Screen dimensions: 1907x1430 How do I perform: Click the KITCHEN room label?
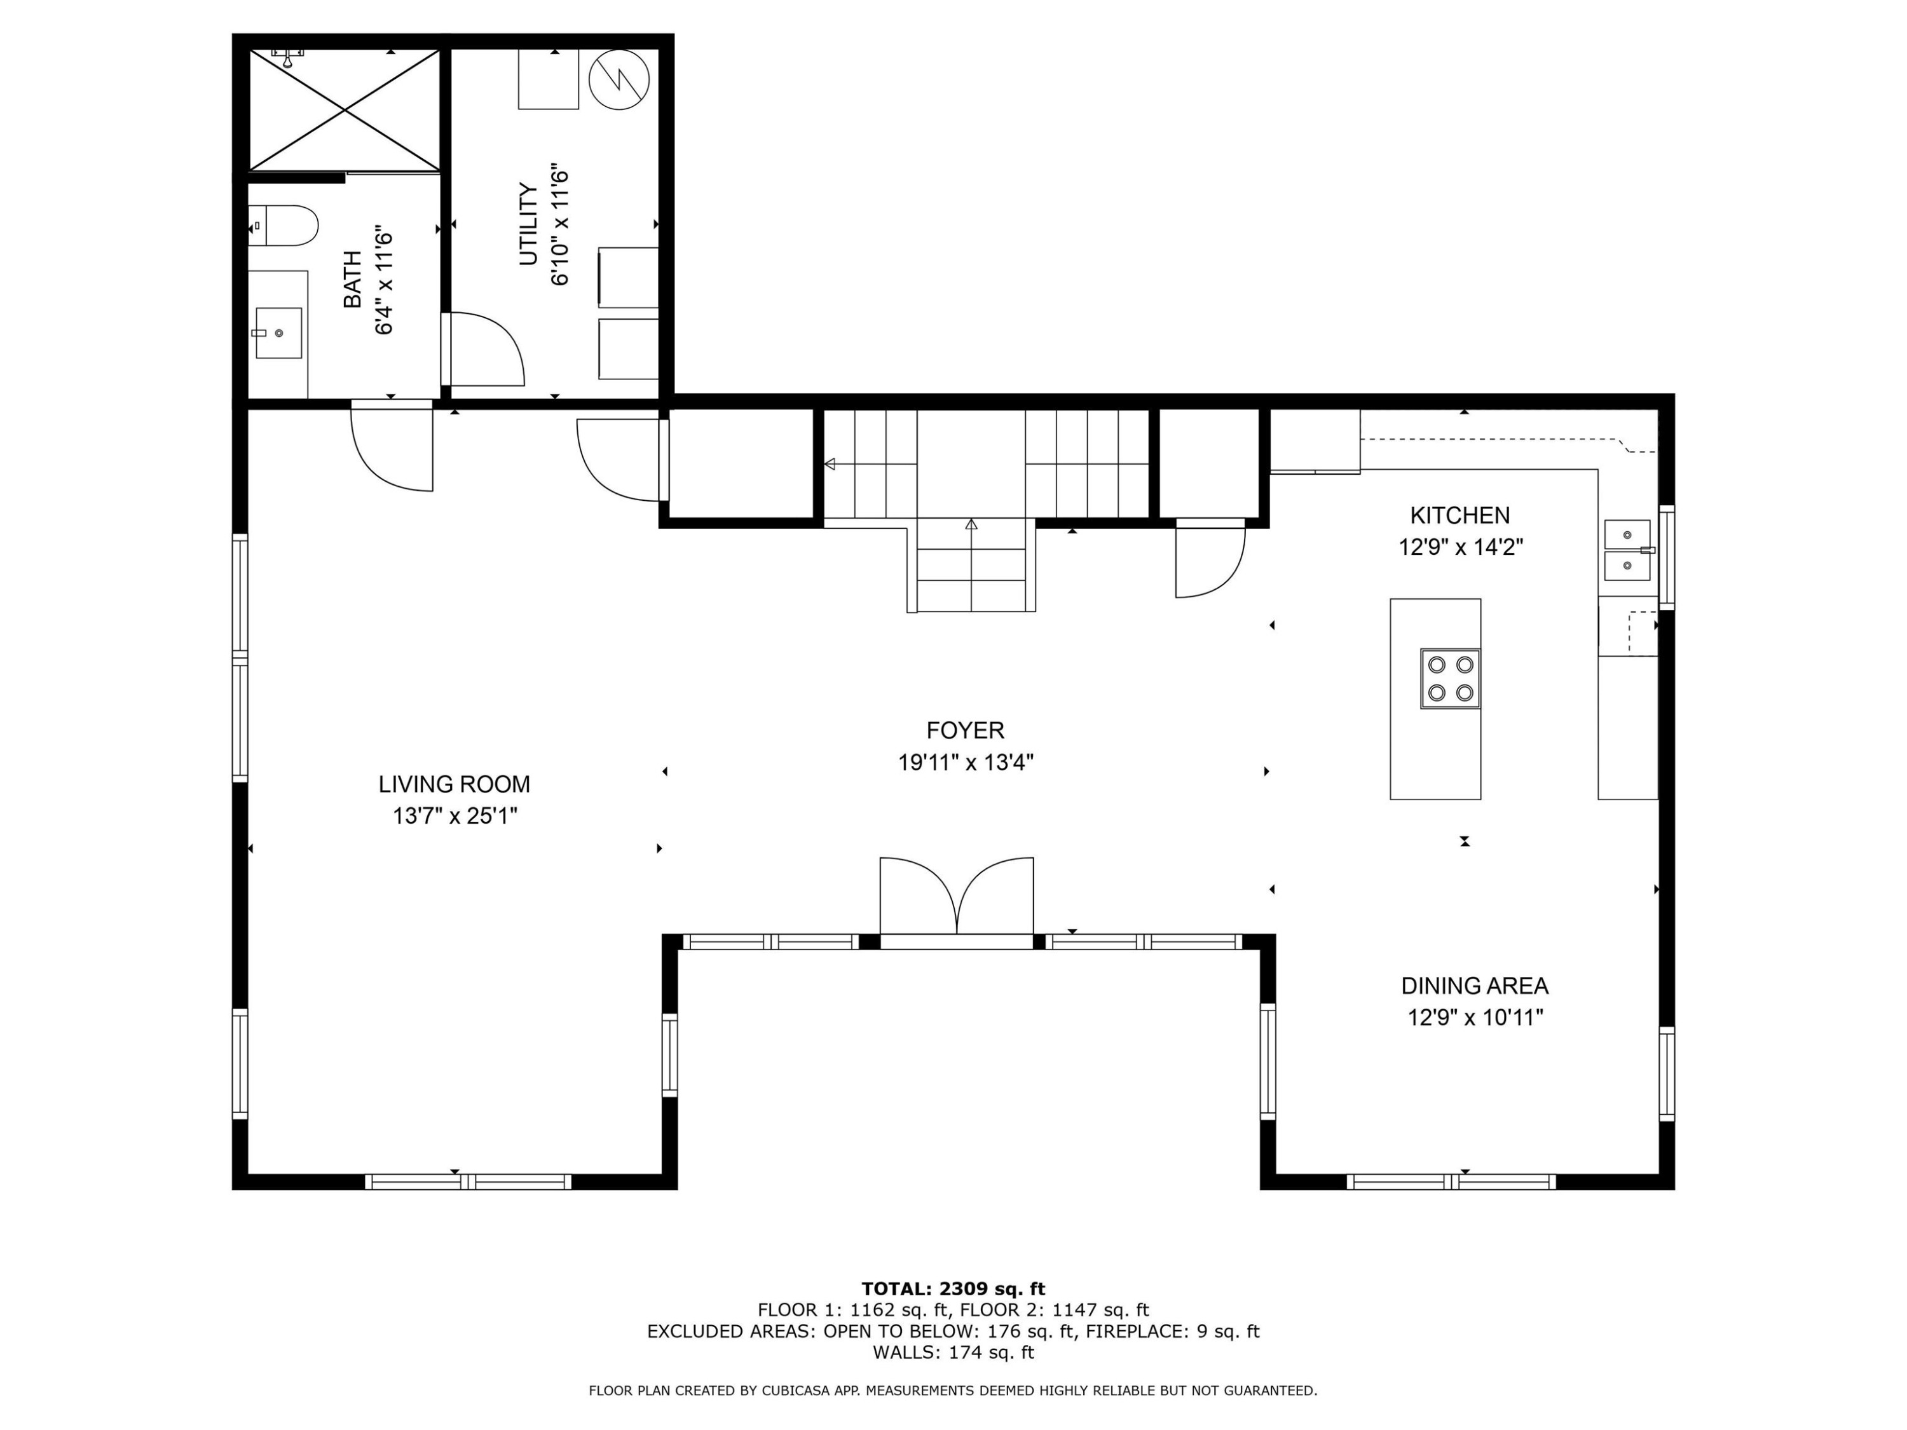pyautogui.click(x=1459, y=515)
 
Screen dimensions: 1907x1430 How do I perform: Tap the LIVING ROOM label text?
pyautogui.click(x=455, y=784)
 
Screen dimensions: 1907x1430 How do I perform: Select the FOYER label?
pyautogui.click(x=966, y=731)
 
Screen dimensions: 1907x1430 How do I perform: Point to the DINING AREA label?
pyautogui.click(x=1474, y=986)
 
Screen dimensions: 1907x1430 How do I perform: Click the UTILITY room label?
pyautogui.click(x=528, y=224)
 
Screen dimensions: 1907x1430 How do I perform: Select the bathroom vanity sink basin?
pyautogui.click(x=278, y=333)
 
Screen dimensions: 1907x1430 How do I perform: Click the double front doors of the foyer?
pyautogui.click(x=957, y=901)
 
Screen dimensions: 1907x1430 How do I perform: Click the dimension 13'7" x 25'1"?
pyautogui.click(x=455, y=815)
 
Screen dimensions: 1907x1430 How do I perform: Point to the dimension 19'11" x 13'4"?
pyautogui.click(x=966, y=763)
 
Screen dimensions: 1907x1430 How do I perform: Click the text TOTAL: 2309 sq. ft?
pyautogui.click(x=954, y=1289)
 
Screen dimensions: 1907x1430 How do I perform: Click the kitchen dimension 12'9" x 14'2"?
pyautogui.click(x=1460, y=547)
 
